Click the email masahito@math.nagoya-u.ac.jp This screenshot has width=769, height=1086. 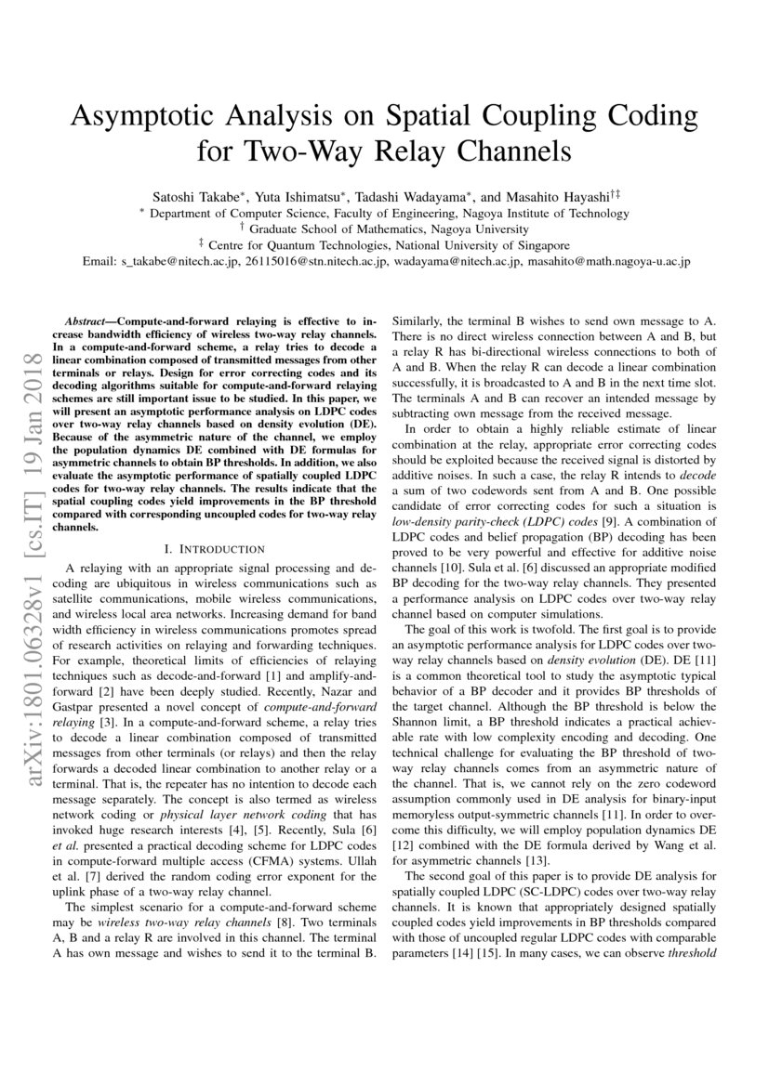coord(608,262)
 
